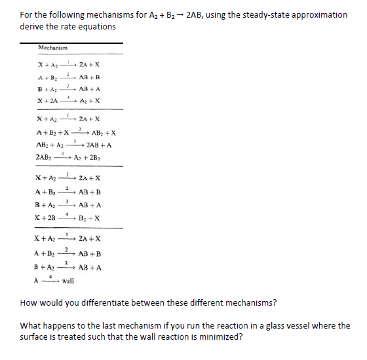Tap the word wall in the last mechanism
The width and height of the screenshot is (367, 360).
(x=69, y=281)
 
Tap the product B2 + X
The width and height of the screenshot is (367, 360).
(x=88, y=217)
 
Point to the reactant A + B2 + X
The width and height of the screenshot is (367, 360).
(x=51, y=132)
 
